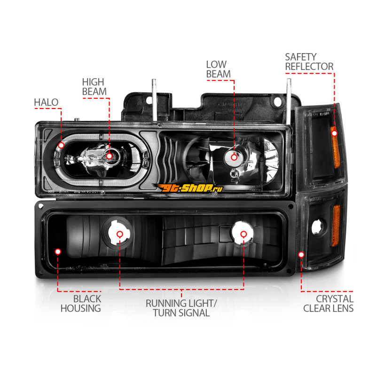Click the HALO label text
tap(46, 102)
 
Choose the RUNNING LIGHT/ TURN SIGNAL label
tap(181, 308)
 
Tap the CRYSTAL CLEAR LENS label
tap(328, 304)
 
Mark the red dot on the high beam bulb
tap(109, 156)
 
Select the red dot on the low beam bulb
tap(233, 157)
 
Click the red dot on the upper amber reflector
tap(334, 133)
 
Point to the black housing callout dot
tap(58, 252)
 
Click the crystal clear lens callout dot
tap(301, 255)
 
